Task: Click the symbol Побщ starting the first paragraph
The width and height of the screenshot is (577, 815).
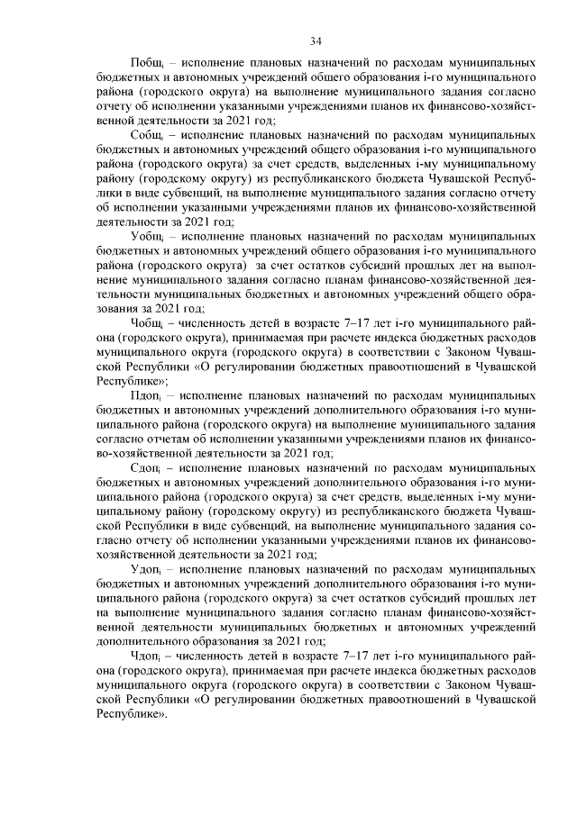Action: pyautogui.click(x=148, y=66)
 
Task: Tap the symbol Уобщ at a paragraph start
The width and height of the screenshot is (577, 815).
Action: pyautogui.click(x=148, y=236)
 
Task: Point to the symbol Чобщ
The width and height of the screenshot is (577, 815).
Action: pyautogui.click(x=148, y=321)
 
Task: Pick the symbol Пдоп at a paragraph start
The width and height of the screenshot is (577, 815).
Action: pyautogui.click(x=147, y=394)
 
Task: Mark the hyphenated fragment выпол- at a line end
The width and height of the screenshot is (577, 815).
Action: pyautogui.click(x=520, y=264)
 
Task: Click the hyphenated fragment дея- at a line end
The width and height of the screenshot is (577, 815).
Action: pyautogui.click(x=528, y=278)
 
